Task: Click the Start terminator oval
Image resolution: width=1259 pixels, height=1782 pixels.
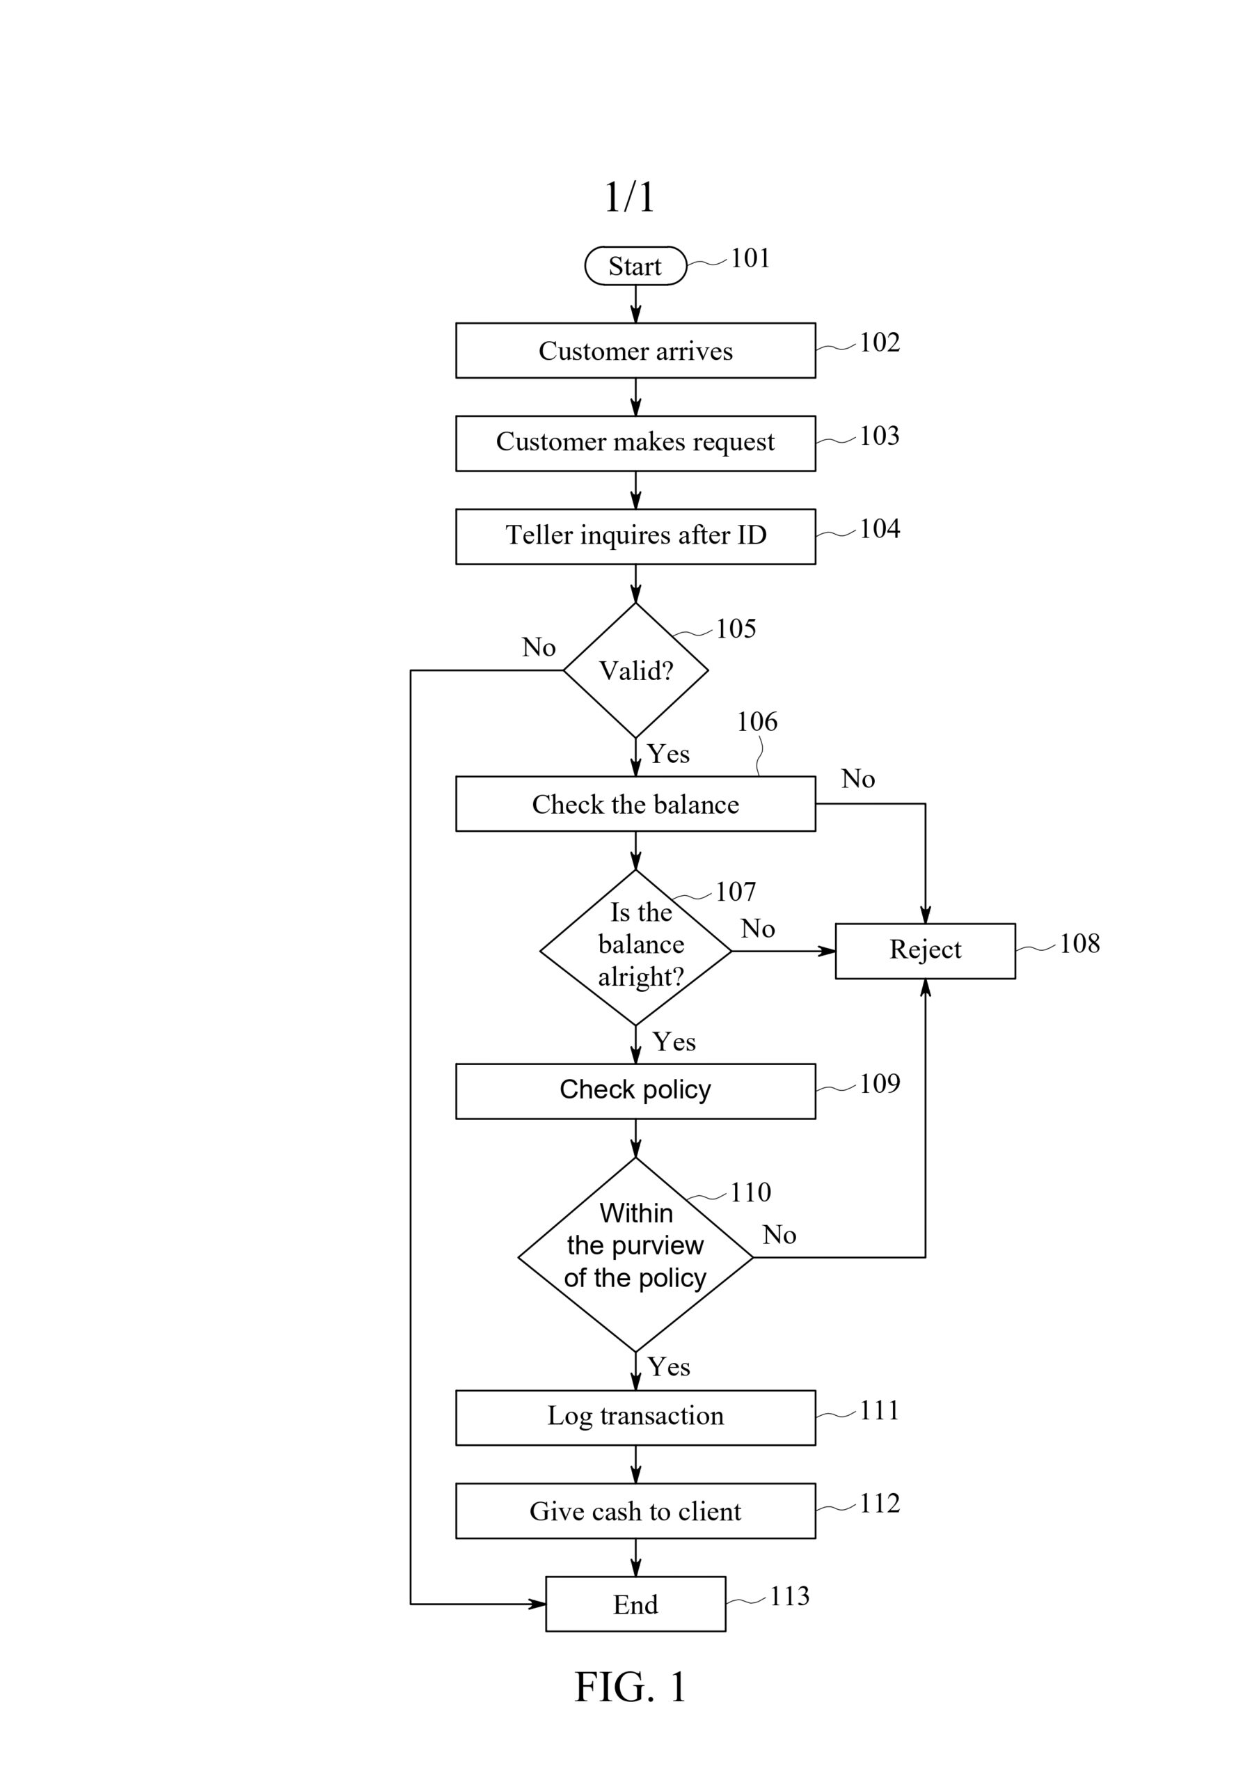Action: pyautogui.click(x=635, y=265)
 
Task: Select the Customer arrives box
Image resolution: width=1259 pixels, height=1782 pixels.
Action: pyautogui.click(x=635, y=350)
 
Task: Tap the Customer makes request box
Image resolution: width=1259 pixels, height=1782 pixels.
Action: pyautogui.click(x=635, y=443)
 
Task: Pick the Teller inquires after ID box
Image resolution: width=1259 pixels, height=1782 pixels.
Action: pyautogui.click(x=635, y=536)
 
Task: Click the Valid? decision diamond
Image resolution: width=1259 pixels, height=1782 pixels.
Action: pyautogui.click(x=635, y=670)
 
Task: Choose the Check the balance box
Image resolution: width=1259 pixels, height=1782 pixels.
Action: pyautogui.click(x=635, y=803)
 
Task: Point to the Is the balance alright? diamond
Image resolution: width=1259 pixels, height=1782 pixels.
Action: pyautogui.click(x=635, y=947)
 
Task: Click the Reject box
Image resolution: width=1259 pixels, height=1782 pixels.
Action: pyautogui.click(x=925, y=951)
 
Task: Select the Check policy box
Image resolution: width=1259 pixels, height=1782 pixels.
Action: pyautogui.click(x=635, y=1091)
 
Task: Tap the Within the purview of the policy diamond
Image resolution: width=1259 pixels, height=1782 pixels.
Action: pyautogui.click(x=635, y=1254)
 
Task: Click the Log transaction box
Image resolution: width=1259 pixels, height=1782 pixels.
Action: pyautogui.click(x=635, y=1417)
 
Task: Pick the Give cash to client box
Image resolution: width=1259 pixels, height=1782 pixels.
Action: pyautogui.click(x=635, y=1511)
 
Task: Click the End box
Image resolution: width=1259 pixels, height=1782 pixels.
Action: pyautogui.click(x=635, y=1604)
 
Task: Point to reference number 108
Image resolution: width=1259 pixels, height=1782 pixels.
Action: pyautogui.click(x=1079, y=943)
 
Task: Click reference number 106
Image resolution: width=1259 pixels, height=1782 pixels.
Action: pyautogui.click(x=757, y=721)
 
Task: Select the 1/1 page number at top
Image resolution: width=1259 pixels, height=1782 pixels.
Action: pyautogui.click(x=629, y=196)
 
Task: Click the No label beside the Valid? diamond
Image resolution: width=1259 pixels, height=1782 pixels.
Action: pyautogui.click(x=539, y=647)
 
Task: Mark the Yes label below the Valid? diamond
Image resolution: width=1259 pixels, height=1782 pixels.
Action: pyautogui.click(x=668, y=754)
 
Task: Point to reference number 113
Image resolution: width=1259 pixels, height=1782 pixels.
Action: pyautogui.click(x=789, y=1595)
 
